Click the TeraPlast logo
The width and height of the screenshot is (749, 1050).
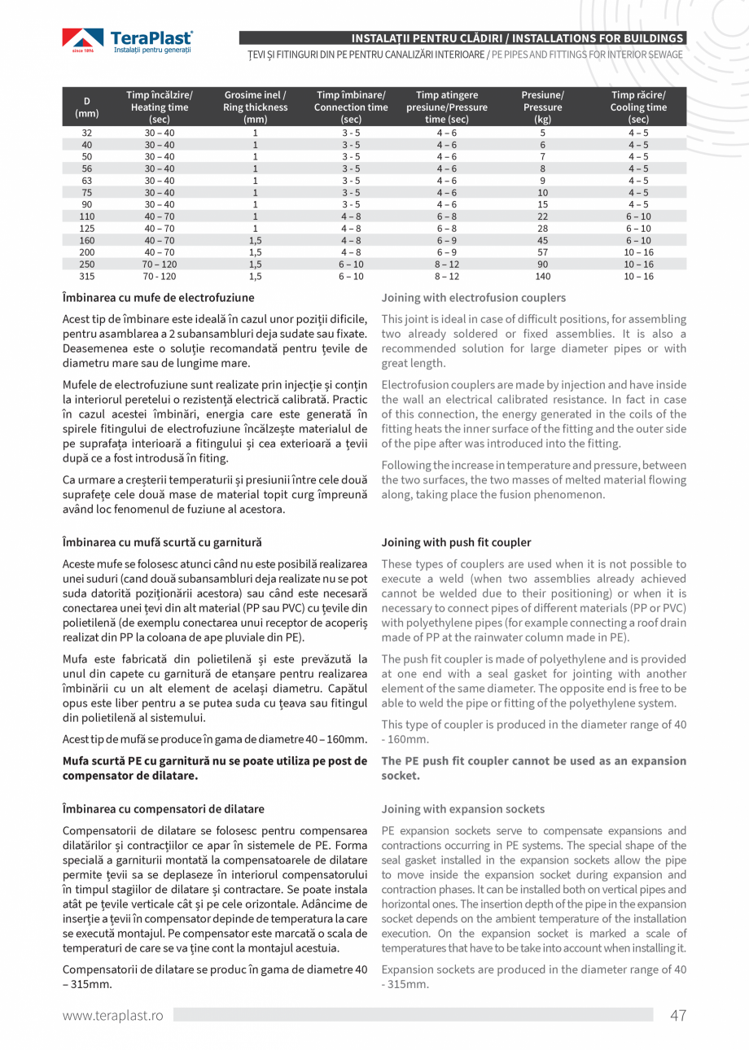pos(128,42)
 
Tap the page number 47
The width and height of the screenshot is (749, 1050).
pos(677,1015)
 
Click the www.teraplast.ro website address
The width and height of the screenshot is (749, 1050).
pos(113,1015)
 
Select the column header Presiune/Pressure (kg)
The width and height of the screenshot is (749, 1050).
pos(542,107)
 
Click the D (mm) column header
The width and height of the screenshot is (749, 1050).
pos(87,107)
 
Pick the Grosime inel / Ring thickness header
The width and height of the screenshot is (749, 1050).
pos(255,107)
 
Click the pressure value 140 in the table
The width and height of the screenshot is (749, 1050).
pos(542,277)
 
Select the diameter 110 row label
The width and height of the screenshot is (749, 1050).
pos(87,217)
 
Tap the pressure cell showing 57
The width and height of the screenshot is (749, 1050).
pos(542,252)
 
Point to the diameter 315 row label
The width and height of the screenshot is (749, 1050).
pos(87,277)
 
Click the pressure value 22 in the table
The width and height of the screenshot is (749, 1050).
pos(542,217)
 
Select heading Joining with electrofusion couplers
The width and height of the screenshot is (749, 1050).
pos(473,298)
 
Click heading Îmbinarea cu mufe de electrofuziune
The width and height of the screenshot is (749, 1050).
pos(153,298)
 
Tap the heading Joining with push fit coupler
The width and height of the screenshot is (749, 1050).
pos(456,542)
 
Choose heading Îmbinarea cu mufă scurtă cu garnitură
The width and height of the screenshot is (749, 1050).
pos(162,542)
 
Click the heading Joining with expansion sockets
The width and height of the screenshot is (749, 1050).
pos(463,809)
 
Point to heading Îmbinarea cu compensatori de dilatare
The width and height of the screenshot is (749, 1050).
pos(163,809)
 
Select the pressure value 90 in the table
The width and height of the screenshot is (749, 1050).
pos(542,265)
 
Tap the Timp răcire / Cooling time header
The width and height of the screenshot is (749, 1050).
pos(638,107)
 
